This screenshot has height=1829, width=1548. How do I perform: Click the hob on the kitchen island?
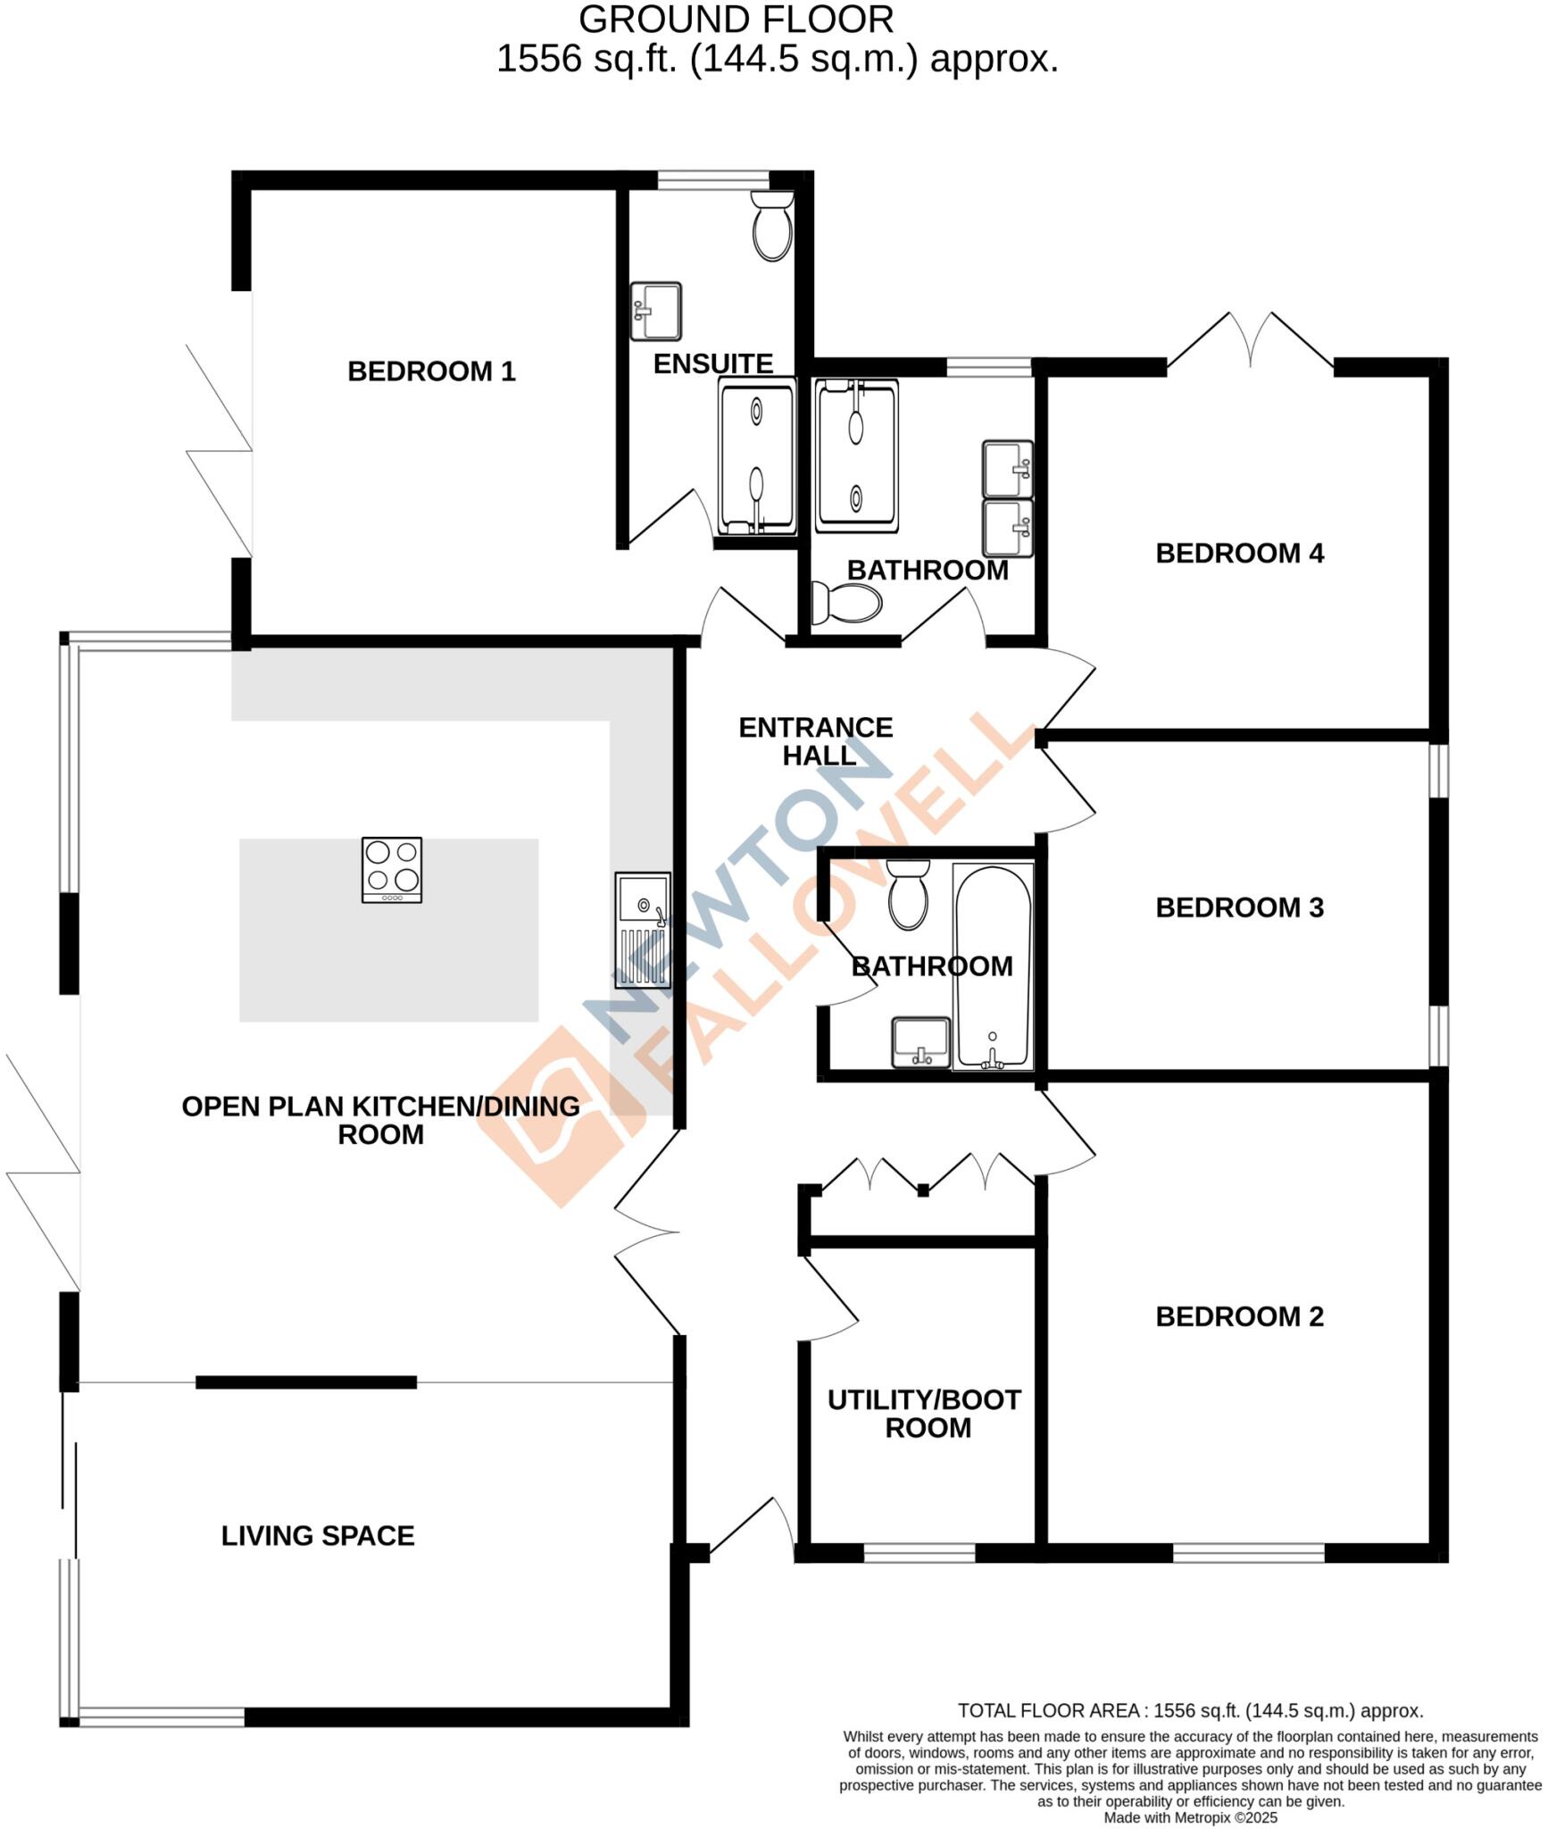pos(392,870)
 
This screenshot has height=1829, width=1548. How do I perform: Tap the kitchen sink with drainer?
pos(642,931)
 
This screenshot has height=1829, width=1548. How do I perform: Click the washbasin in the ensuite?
pos(656,311)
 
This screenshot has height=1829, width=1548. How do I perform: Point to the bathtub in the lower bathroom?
pos(992,966)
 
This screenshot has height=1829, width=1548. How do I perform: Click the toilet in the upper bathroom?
pos(845,603)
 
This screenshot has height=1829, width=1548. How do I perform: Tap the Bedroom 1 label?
pos(431,372)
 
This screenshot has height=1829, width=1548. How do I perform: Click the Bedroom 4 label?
pos(1239,554)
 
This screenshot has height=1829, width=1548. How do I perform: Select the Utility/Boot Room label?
pos(924,1414)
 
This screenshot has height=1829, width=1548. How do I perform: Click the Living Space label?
pos(318,1536)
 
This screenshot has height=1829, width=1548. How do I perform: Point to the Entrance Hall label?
pos(816,741)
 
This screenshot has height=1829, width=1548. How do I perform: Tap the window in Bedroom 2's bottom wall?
pos(1248,1554)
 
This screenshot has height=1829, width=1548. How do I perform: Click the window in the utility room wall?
pos(920,1554)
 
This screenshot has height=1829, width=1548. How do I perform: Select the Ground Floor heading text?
pos(737,20)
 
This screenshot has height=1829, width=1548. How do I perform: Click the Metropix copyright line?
pos(1190,1817)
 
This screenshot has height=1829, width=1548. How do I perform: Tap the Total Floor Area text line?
pos(1190,1711)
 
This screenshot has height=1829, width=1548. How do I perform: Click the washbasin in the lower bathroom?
pos(921,1042)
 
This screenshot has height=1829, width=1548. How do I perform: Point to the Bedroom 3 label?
pos(1239,908)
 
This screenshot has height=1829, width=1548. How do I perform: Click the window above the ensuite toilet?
pos(713,180)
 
